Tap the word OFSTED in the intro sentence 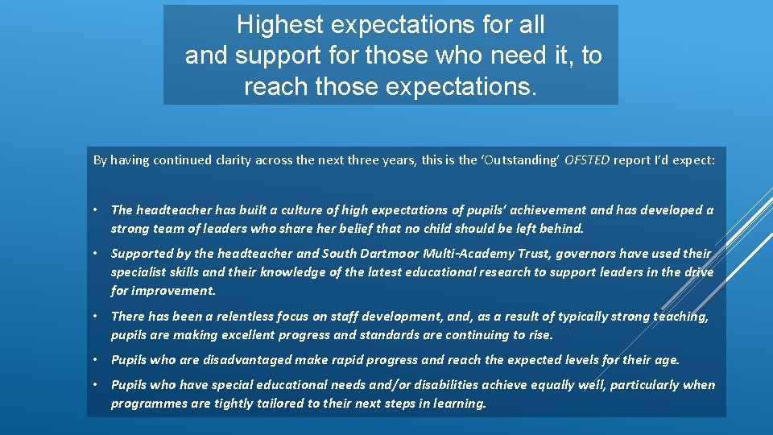[587, 160]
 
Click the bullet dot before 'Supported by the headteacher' [96, 254]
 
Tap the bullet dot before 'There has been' [96, 317]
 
